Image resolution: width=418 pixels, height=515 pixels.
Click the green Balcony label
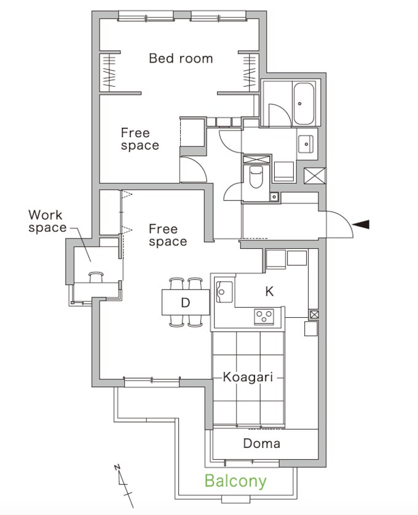coord(235,481)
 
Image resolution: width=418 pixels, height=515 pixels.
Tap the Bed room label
coord(181,58)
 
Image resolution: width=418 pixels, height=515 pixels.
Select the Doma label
coord(262,443)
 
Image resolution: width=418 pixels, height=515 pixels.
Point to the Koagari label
coord(248,377)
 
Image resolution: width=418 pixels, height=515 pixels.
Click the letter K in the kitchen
coord(269,291)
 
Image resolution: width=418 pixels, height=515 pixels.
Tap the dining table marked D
coord(186,302)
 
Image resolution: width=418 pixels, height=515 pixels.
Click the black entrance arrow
coord(361,224)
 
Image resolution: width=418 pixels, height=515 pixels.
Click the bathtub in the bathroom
coord(304,103)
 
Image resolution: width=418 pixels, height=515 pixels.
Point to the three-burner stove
coord(264,317)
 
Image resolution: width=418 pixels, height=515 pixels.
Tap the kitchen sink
coord(224,292)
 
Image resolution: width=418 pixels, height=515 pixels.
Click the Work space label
coord(47,221)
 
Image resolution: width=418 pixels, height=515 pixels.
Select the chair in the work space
coord(96,277)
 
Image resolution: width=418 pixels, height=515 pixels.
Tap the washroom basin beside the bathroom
coord(306,144)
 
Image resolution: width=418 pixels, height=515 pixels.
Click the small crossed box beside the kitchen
coord(314,315)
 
